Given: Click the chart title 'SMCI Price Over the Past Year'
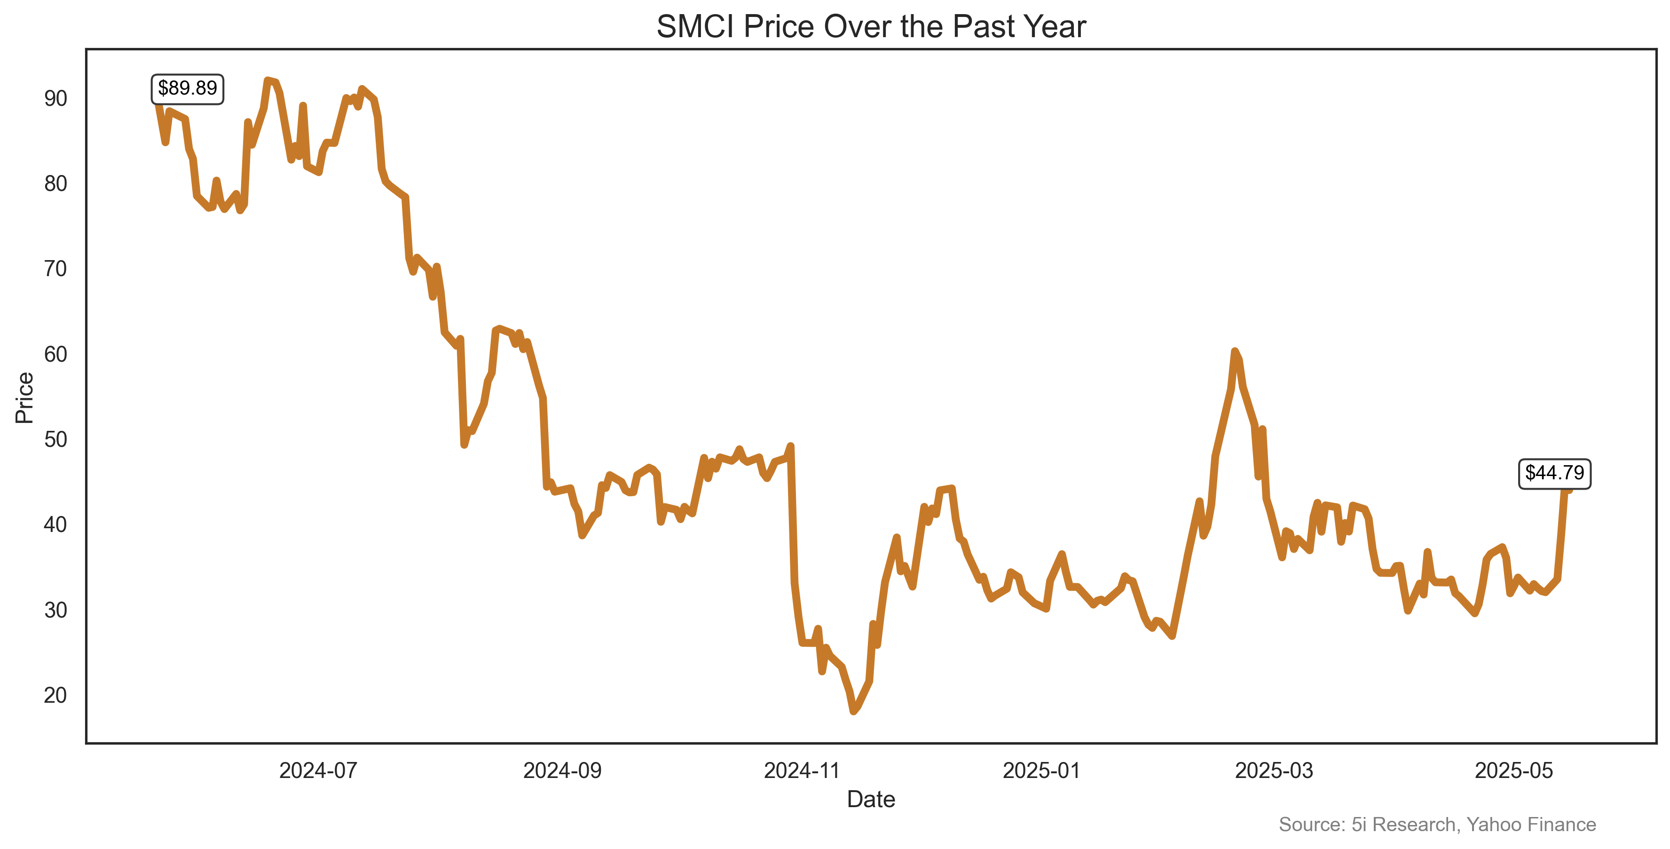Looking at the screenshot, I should [871, 27].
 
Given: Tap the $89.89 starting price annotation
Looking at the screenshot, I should [187, 88].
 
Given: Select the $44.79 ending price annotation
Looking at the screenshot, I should [1554, 473].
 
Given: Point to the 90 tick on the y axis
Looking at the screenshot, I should [56, 99].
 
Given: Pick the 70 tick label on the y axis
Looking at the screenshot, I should [56, 269].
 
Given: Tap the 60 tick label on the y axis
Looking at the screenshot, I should [56, 354].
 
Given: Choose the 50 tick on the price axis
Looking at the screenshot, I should [56, 439].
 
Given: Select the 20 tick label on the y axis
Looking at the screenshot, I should [56, 695].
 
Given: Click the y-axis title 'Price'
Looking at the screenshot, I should [24, 397].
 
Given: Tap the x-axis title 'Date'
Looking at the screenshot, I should [871, 799].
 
